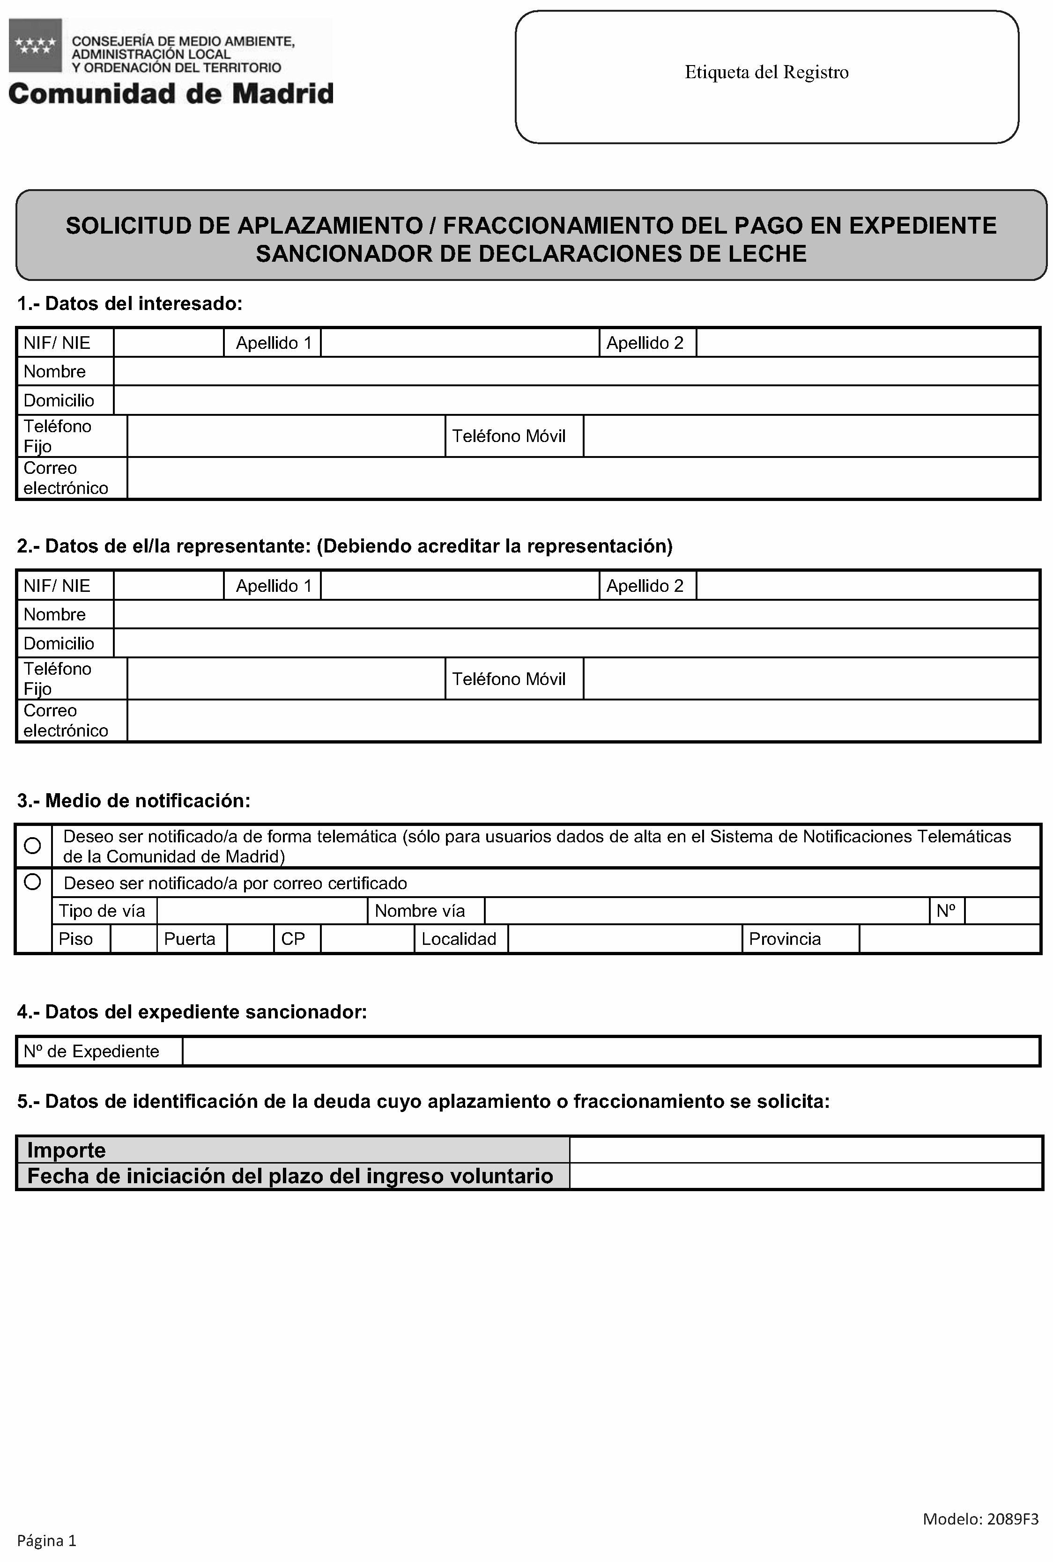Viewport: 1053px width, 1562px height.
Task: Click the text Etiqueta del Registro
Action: click(766, 73)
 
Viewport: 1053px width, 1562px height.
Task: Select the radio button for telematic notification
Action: click(32, 845)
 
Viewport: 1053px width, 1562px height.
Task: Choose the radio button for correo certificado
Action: click(32, 881)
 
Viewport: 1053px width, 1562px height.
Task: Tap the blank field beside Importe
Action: click(805, 1150)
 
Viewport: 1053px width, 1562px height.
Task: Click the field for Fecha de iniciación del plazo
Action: click(805, 1176)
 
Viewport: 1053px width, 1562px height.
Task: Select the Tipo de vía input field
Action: click(262, 911)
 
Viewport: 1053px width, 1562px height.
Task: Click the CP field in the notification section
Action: click(367, 939)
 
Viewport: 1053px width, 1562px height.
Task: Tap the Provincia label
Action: click(785, 939)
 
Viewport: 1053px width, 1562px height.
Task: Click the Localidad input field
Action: click(624, 939)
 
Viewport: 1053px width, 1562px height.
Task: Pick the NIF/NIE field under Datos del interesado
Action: click(169, 343)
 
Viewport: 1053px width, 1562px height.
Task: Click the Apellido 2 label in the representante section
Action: click(645, 586)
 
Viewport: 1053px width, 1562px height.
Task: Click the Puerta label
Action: click(189, 939)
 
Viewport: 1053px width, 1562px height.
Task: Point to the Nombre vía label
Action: click(420, 911)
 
